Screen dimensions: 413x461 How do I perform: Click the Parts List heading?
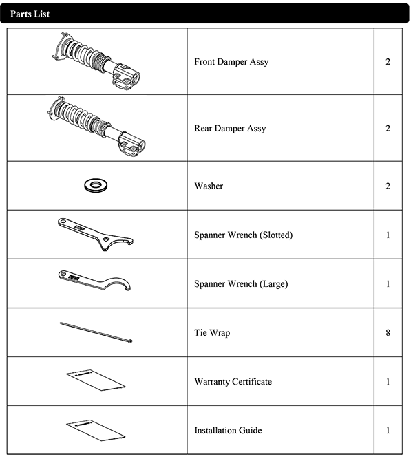point(30,14)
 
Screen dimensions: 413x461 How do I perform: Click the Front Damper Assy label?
point(231,62)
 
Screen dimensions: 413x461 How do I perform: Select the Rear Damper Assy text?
point(230,128)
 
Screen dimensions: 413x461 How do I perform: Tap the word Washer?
point(209,186)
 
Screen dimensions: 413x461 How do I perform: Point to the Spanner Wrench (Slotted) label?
point(243,235)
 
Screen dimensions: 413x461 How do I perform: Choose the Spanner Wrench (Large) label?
point(241,283)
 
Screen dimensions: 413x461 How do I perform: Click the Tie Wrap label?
point(212,332)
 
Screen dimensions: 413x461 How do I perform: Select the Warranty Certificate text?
point(233,382)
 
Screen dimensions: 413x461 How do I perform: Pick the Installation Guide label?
point(228,431)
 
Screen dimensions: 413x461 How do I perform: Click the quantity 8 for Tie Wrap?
point(388,332)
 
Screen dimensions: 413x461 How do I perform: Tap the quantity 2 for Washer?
point(388,186)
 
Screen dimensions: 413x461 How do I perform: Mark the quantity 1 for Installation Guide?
point(388,431)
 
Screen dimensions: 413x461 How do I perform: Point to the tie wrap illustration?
point(96,332)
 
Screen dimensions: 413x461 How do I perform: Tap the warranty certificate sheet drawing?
point(96,380)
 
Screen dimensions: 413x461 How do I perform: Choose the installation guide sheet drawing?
point(96,431)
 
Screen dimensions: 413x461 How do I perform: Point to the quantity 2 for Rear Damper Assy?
point(388,128)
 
